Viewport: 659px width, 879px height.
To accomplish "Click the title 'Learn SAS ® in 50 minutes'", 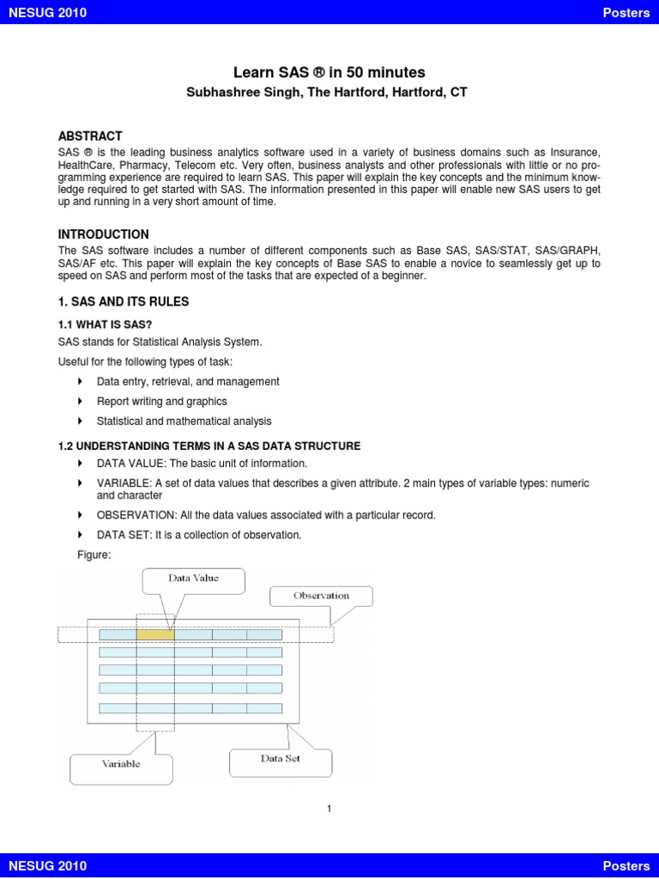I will pyautogui.click(x=329, y=72).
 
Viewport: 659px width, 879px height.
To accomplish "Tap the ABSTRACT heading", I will pyautogui.click(x=90, y=136).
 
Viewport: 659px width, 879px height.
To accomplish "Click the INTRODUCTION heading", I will pyautogui.click(x=103, y=234).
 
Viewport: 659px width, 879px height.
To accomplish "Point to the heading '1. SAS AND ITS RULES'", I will pyautogui.click(x=123, y=302).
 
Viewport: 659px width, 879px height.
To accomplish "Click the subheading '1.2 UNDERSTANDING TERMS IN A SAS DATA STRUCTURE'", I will pyautogui.click(x=209, y=446).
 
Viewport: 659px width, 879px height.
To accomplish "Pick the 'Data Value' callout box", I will pyautogui.click(x=193, y=579).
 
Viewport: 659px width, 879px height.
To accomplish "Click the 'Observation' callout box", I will pyautogui.click(x=321, y=596).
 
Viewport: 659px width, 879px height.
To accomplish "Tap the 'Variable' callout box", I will pyautogui.click(x=121, y=764).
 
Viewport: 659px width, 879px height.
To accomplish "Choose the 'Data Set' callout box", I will pyautogui.click(x=281, y=759).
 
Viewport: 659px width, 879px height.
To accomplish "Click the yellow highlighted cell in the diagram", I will pyautogui.click(x=154, y=634).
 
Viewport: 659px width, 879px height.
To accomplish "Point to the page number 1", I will pyautogui.click(x=329, y=808).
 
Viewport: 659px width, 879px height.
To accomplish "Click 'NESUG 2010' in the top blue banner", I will pyautogui.click(x=47, y=13).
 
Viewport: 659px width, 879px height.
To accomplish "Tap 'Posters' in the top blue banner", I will pyautogui.click(x=626, y=13).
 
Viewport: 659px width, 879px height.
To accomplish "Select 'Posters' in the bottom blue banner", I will pyautogui.click(x=626, y=866).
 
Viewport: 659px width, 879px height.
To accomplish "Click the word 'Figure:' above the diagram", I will pyautogui.click(x=94, y=555).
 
